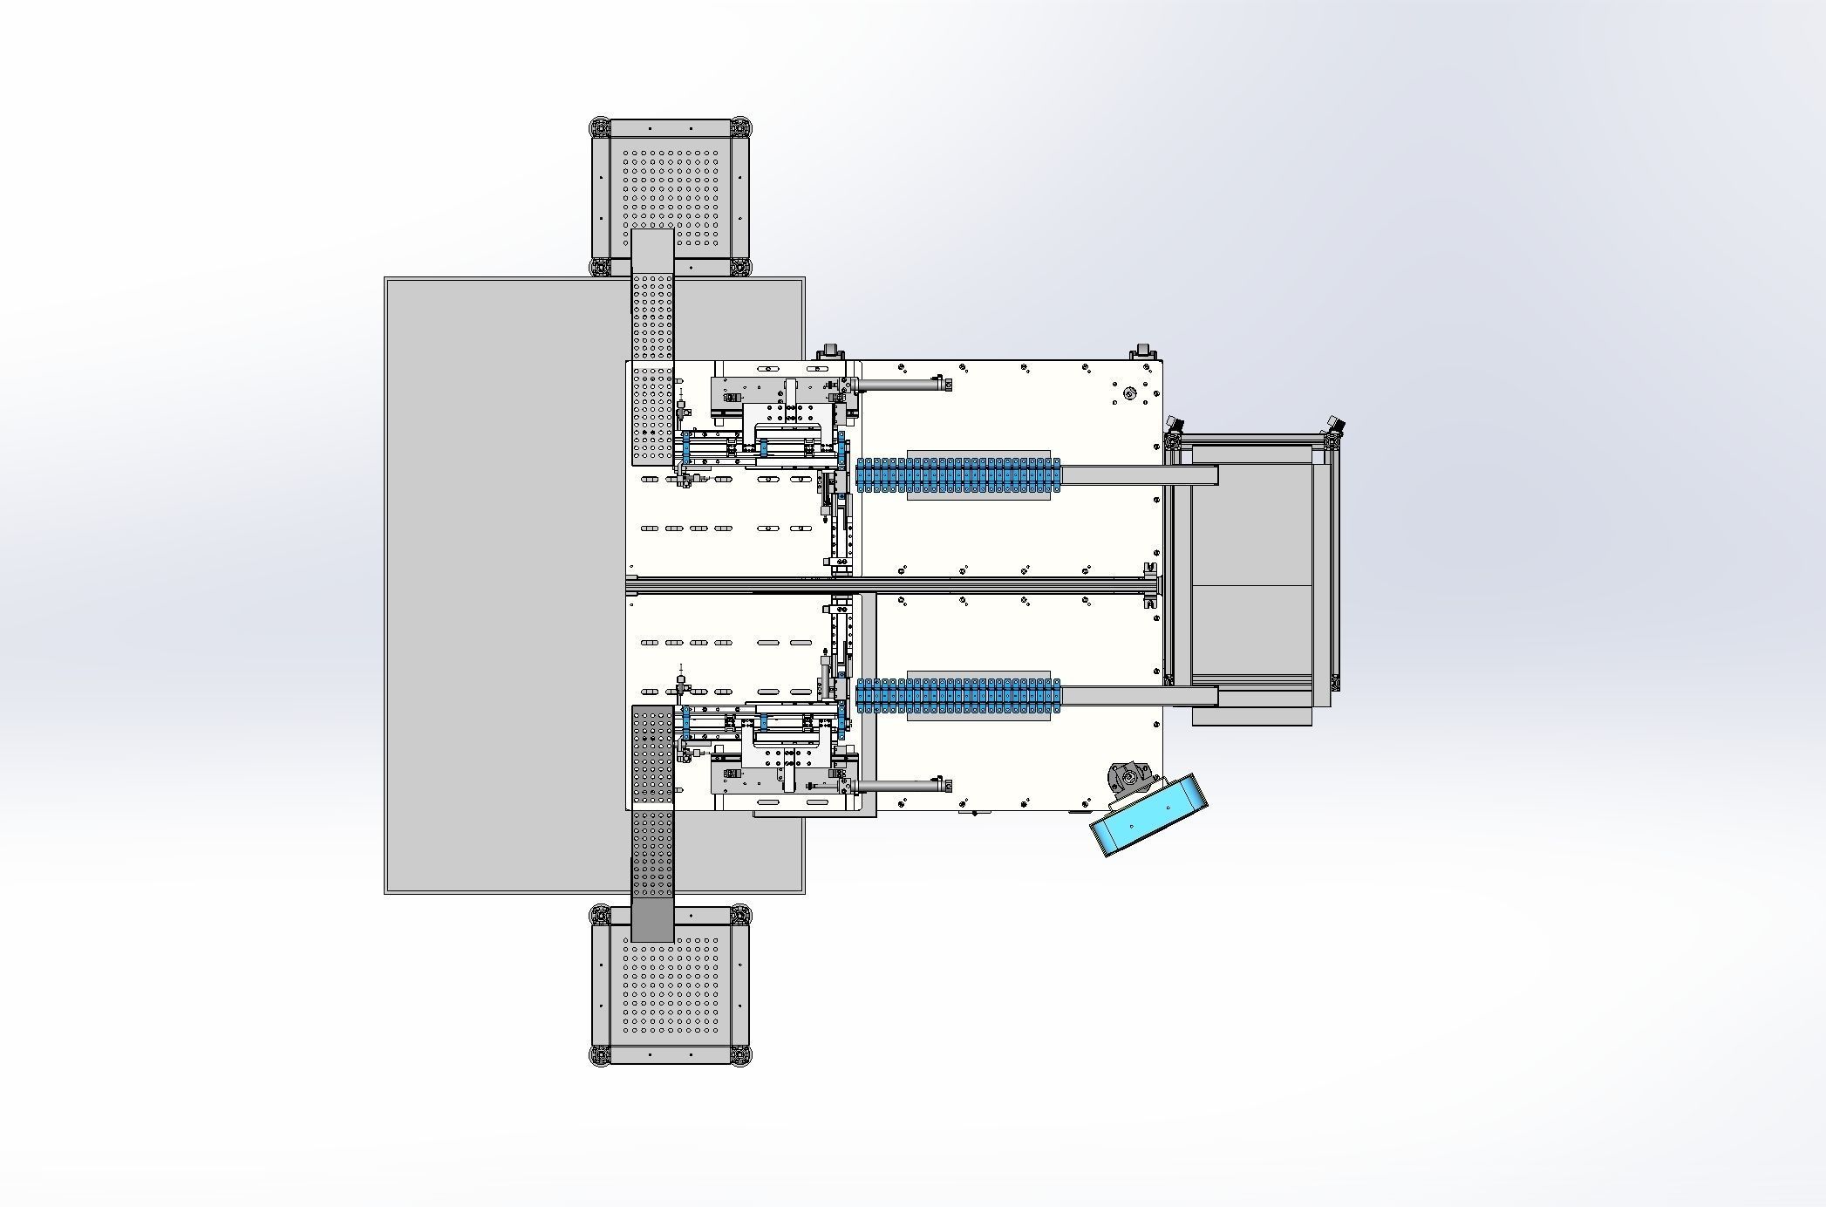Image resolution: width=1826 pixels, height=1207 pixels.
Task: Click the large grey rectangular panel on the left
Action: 506,584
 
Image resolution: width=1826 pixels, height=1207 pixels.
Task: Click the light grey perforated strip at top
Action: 652,349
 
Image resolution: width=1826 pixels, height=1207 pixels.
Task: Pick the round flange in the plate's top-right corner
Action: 1129,393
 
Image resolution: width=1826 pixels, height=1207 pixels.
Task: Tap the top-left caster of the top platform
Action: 600,127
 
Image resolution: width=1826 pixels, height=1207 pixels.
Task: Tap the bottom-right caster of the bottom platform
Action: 740,1056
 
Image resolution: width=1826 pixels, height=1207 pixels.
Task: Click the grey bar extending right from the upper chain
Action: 1138,475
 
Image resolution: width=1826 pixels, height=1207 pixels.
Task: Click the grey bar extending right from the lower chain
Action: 1138,696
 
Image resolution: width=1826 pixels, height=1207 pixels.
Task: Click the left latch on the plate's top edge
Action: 830,352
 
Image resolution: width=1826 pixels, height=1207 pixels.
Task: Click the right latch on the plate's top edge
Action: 1143,352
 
